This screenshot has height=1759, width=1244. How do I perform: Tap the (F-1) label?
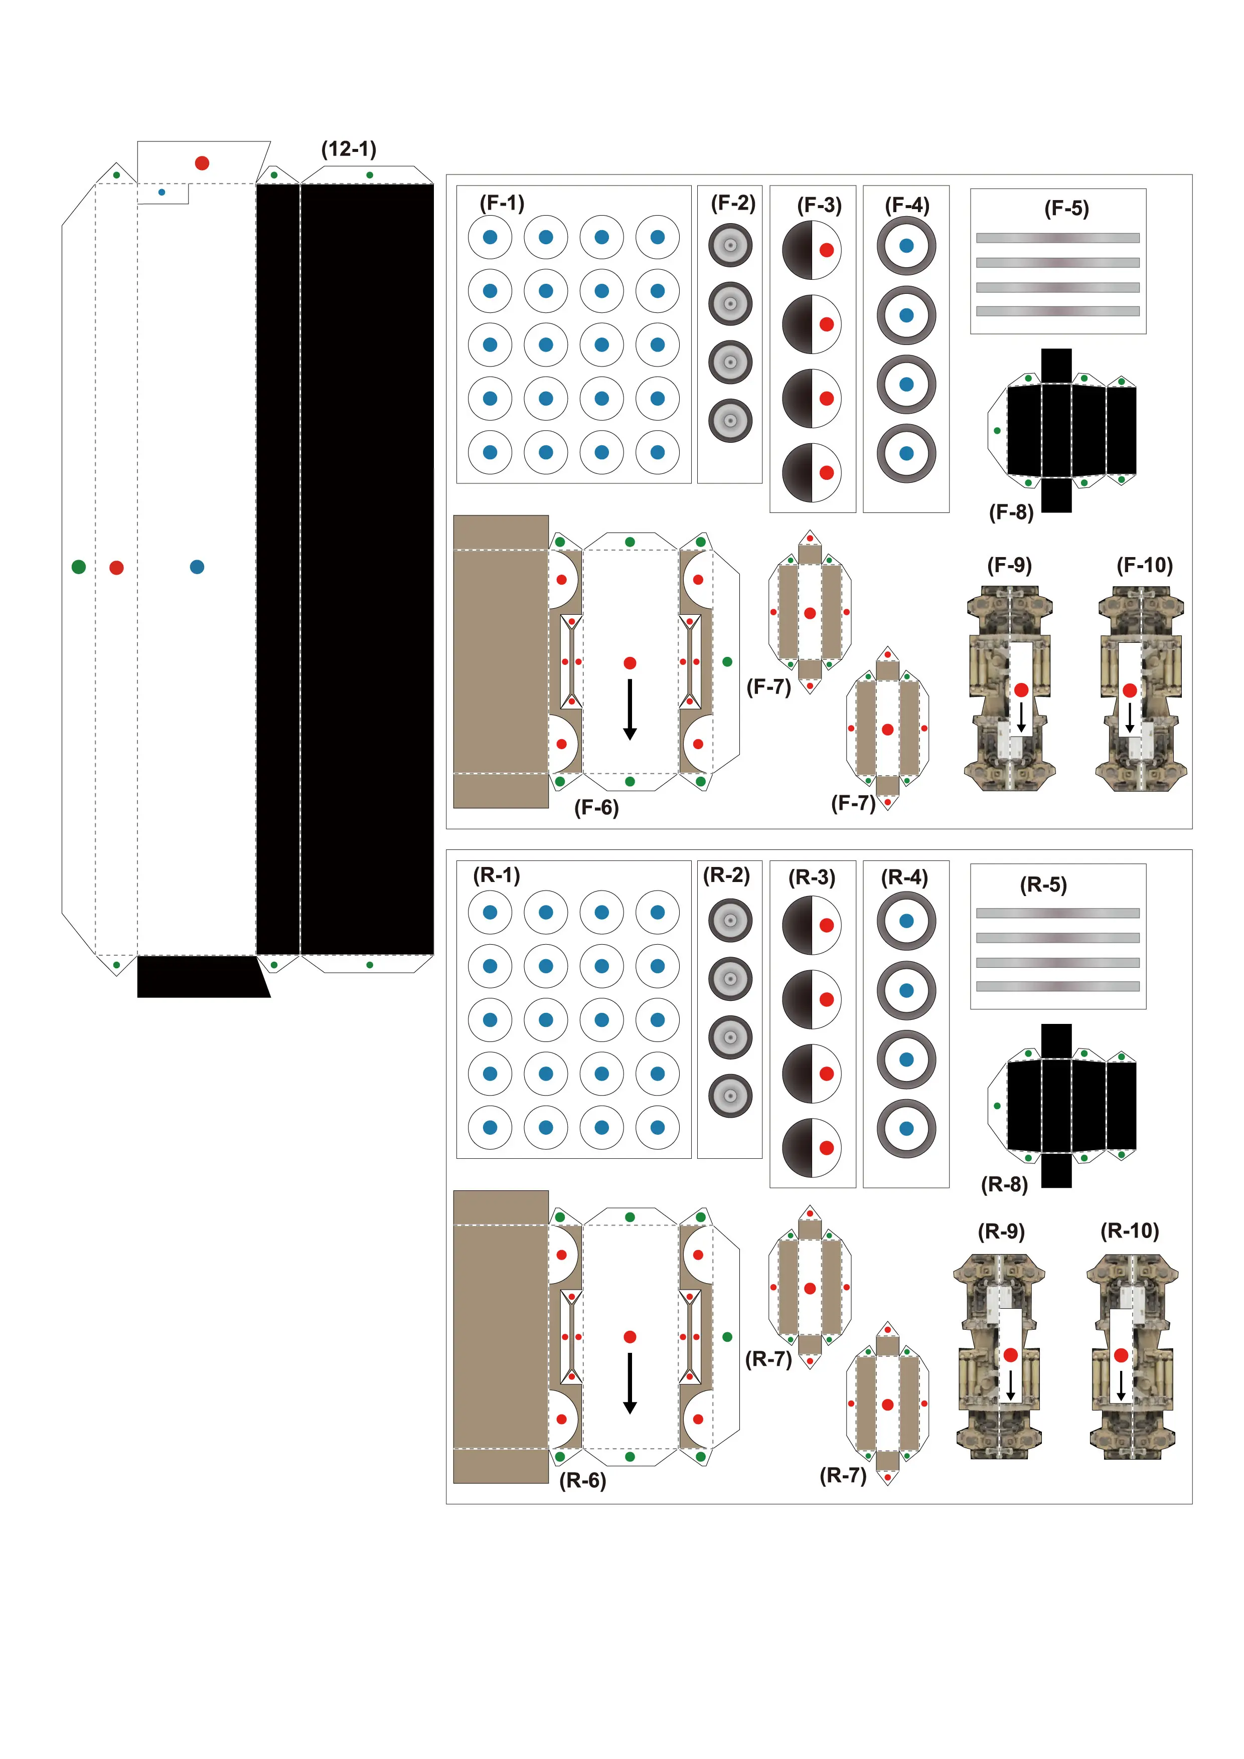(502, 203)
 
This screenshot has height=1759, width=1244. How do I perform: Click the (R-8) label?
(1004, 1184)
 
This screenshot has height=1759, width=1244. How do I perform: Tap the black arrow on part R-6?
(630, 1383)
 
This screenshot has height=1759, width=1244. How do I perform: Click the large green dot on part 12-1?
(78, 567)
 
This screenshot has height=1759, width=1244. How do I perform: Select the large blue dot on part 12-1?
(197, 567)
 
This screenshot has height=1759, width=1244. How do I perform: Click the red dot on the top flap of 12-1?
(202, 163)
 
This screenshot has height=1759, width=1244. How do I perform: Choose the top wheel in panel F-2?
(730, 245)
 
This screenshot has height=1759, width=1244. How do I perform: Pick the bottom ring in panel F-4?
(907, 454)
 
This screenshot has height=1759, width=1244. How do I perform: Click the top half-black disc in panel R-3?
(812, 926)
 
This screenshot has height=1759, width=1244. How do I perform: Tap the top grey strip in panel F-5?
(1058, 238)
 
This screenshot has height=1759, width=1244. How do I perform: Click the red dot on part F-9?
(1021, 690)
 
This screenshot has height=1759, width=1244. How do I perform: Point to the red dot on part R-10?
(1121, 1355)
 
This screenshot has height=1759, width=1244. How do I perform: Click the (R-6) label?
(582, 1481)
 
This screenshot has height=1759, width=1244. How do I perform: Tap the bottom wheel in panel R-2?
(730, 1096)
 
